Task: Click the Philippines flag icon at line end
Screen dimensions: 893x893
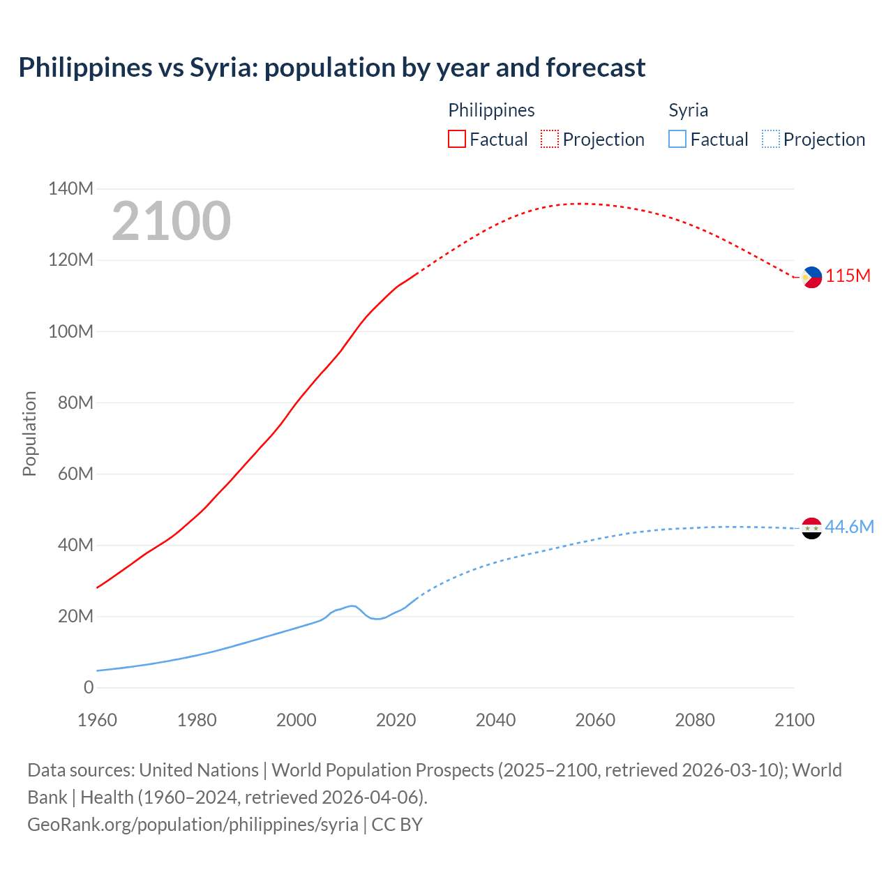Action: (811, 277)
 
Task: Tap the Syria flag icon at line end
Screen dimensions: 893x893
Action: (811, 528)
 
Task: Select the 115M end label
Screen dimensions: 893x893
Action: (848, 276)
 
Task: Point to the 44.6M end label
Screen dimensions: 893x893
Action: (849, 527)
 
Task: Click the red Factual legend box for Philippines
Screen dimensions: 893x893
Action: (456, 140)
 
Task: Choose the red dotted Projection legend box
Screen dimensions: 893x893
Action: (550, 140)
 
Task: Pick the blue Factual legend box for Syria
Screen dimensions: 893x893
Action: (677, 140)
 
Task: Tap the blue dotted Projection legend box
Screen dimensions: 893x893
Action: (770, 140)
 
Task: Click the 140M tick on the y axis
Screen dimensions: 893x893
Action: (70, 188)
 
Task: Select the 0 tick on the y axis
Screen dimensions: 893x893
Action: (89, 687)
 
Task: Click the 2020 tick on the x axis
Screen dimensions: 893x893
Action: (396, 720)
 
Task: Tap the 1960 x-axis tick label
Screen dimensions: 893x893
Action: (97, 720)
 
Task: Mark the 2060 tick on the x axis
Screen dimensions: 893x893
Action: (595, 720)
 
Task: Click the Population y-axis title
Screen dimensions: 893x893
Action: (29, 434)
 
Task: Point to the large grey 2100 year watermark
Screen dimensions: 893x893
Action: (171, 220)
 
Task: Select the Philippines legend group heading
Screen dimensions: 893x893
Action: (491, 110)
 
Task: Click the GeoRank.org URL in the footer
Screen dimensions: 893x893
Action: (193, 824)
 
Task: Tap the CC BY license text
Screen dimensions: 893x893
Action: (397, 824)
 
